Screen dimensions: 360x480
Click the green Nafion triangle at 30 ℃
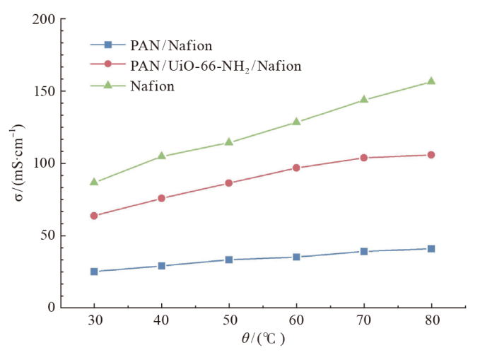click(94, 182)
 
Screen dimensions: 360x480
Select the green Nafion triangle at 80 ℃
click(431, 81)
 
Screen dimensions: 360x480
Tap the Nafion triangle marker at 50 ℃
click(229, 141)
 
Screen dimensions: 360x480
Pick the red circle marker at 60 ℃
click(296, 168)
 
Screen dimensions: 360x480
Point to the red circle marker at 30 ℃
click(94, 216)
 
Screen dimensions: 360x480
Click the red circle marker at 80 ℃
click(431, 155)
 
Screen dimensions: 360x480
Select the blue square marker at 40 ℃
click(161, 266)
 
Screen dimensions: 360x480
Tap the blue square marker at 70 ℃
click(363, 251)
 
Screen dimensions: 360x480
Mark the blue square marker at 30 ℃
click(94, 272)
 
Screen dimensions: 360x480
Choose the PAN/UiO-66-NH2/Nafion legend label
click(216, 66)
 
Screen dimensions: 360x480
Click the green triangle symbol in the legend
click(107, 86)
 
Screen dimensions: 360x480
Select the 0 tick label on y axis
click(50, 308)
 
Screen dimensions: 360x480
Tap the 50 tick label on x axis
click(229, 320)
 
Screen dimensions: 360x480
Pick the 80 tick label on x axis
click(431, 320)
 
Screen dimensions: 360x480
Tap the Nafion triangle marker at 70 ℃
click(363, 100)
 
